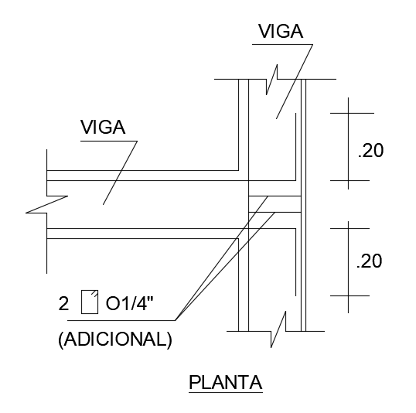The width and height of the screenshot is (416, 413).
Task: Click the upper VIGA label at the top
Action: pyautogui.click(x=281, y=31)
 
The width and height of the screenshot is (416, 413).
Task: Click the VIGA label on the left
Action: pyautogui.click(x=103, y=127)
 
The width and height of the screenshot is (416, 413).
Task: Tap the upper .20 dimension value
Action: pyautogui.click(x=370, y=151)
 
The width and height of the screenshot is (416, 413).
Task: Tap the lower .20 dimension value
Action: pyautogui.click(x=370, y=261)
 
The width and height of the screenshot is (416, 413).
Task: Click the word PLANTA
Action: pyautogui.click(x=226, y=383)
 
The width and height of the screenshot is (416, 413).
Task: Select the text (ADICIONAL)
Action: pyautogui.click(x=115, y=340)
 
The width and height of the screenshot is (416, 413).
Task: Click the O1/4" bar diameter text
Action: pyautogui.click(x=130, y=303)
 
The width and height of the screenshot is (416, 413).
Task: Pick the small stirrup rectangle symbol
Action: pyautogui.click(x=90, y=302)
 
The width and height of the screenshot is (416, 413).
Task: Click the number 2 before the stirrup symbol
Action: pyautogui.click(x=63, y=303)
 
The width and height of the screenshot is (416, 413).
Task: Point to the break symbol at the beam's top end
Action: pyautogui.click(x=272, y=80)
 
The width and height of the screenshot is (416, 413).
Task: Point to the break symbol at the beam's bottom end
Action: pyautogui.click(x=278, y=329)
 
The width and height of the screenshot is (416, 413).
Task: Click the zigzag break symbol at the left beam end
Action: pyautogui.click(x=47, y=204)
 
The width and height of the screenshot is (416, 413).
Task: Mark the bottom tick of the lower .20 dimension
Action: pyautogui.click(x=350, y=295)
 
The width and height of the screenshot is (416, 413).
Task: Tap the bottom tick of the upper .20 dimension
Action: pyautogui.click(x=350, y=180)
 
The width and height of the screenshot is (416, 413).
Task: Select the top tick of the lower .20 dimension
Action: pyautogui.click(x=350, y=228)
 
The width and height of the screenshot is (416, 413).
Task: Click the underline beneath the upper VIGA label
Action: pyautogui.click(x=282, y=44)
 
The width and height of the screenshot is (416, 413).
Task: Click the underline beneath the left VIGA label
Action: pyautogui.click(x=109, y=142)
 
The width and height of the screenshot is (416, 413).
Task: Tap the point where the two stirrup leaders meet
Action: pyautogui.click(x=175, y=320)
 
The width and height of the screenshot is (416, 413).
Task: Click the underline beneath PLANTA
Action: pyautogui.click(x=226, y=392)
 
